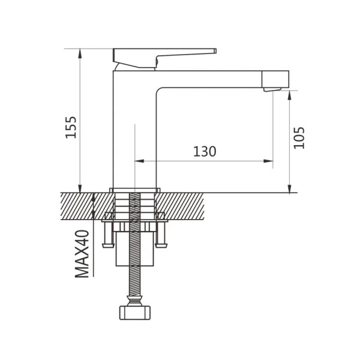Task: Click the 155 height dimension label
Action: [71, 127]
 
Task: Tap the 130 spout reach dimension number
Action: [205, 152]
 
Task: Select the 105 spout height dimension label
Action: [299, 138]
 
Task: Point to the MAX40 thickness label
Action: [82, 254]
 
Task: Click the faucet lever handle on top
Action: [158, 58]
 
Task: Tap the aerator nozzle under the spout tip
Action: [272, 89]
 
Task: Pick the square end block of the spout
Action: [275, 79]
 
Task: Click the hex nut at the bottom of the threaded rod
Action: [135, 313]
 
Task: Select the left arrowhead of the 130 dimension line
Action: [139, 161]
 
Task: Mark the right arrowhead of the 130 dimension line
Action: [268, 161]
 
